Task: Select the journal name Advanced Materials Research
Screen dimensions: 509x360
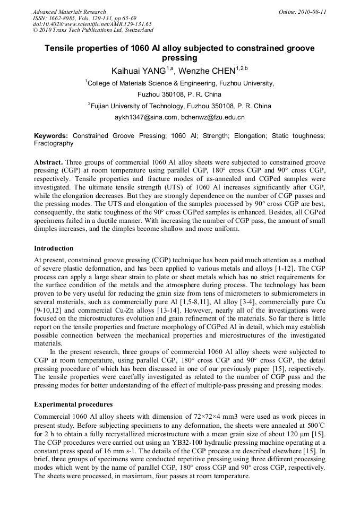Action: (x=69, y=12)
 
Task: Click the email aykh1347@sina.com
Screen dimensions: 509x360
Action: (x=145, y=117)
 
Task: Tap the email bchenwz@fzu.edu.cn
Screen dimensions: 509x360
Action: (x=212, y=117)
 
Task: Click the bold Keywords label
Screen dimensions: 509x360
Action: (x=51, y=136)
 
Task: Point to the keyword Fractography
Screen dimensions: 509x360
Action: (x=54, y=143)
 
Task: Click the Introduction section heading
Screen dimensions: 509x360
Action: (x=54, y=248)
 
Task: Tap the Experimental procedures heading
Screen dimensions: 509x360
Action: (x=73, y=404)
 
